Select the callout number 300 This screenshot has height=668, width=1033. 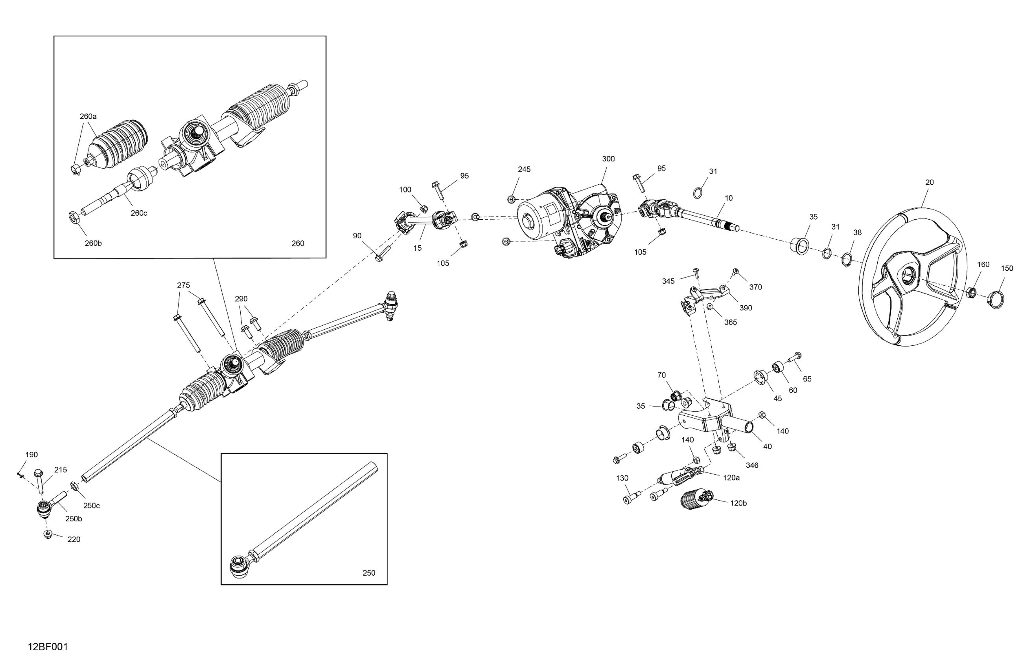point(608,159)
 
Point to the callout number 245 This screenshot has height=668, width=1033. point(524,169)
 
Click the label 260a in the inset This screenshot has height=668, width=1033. point(88,116)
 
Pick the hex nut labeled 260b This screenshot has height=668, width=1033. point(74,217)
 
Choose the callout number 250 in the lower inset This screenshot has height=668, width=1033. point(368,573)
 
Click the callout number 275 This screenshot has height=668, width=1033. point(183,285)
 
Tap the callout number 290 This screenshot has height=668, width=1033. point(241,298)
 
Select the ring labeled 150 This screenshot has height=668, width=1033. point(996,299)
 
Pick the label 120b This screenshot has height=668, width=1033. point(738,503)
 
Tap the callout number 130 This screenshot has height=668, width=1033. point(622,478)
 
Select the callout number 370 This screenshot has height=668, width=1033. point(756,287)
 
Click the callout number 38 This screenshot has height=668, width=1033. point(857,233)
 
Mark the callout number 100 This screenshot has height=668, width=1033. point(405,189)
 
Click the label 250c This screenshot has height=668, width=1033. point(92,505)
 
